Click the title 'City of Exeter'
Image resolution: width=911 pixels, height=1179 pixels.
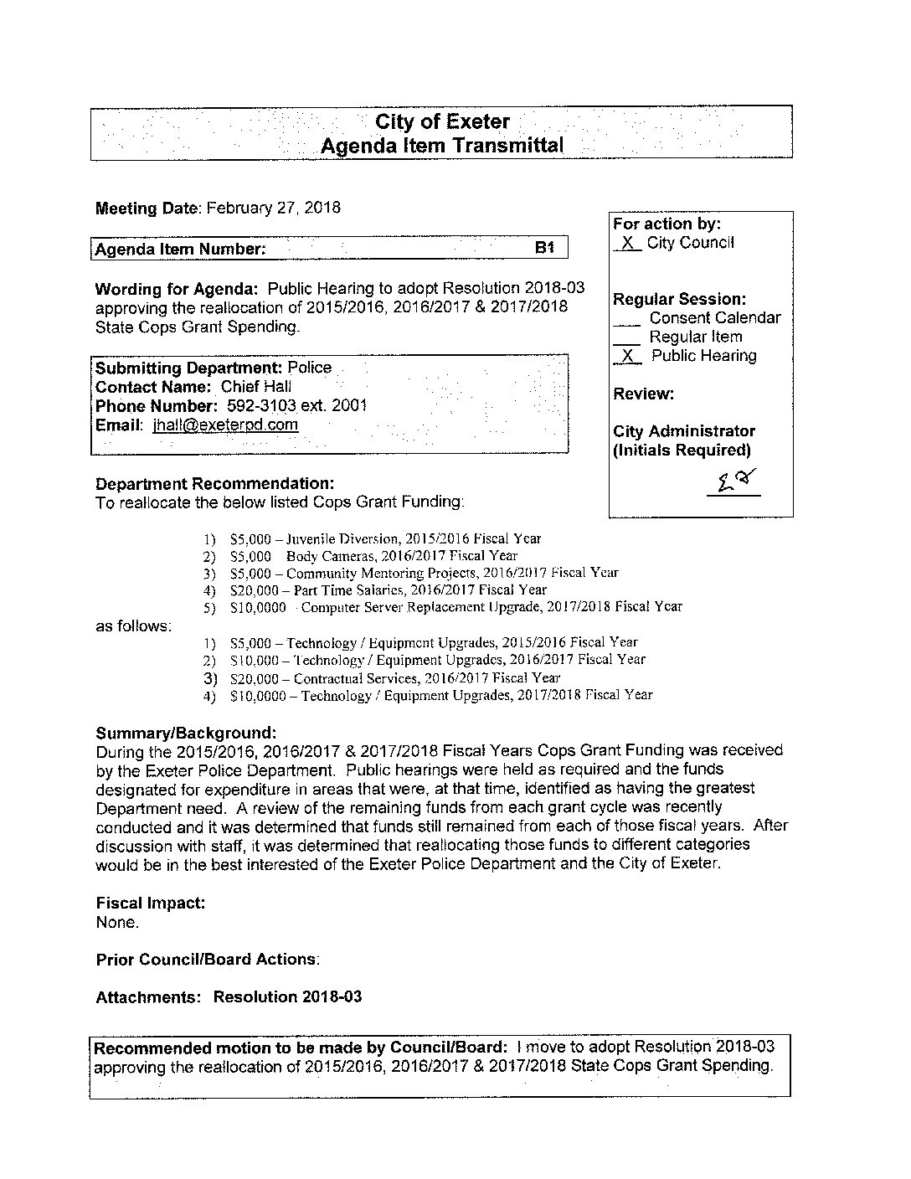point(442,122)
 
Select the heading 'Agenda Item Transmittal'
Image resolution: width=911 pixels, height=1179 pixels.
point(442,146)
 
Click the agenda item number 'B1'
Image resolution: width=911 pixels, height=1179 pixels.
point(545,249)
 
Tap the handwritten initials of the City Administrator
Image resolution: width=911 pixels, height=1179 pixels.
point(733,481)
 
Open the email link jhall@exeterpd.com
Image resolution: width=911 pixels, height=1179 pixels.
point(225,425)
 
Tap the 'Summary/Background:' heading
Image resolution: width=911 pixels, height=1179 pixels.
point(186,733)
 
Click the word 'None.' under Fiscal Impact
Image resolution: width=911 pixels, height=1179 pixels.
point(117,923)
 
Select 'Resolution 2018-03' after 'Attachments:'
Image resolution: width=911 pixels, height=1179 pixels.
point(287,997)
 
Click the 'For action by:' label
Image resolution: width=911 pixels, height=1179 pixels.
point(667,224)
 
